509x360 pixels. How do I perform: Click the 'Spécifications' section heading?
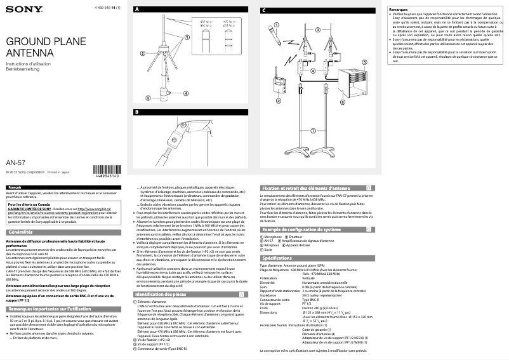277,258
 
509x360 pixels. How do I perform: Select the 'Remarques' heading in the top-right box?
399,10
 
